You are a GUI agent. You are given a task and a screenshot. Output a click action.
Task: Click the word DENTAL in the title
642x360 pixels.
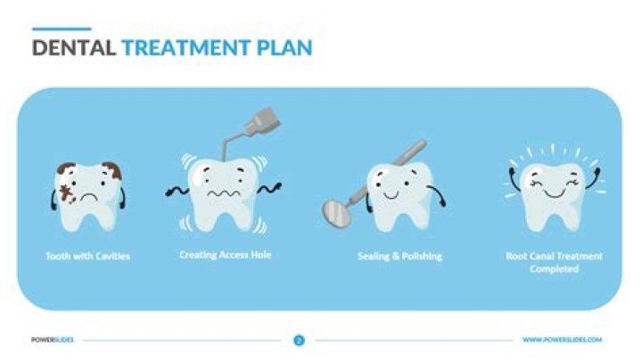74,47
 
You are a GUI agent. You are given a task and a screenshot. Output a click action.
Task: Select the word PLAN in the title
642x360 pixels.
284,47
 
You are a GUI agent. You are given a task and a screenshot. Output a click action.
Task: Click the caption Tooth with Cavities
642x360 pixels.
87,257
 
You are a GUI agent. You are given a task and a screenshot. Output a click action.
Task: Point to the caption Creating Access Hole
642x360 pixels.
225,255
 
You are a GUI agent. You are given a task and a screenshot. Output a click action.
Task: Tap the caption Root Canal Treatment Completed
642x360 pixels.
554,262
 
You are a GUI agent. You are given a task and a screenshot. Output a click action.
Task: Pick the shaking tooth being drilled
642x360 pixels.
223,192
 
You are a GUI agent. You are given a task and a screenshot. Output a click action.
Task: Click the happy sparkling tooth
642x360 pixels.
554,192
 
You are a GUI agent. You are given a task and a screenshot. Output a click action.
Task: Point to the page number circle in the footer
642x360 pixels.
299,340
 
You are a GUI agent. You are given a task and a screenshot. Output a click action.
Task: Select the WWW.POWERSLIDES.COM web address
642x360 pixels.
562,340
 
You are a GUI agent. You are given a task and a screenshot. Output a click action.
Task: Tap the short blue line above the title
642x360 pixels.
61,28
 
